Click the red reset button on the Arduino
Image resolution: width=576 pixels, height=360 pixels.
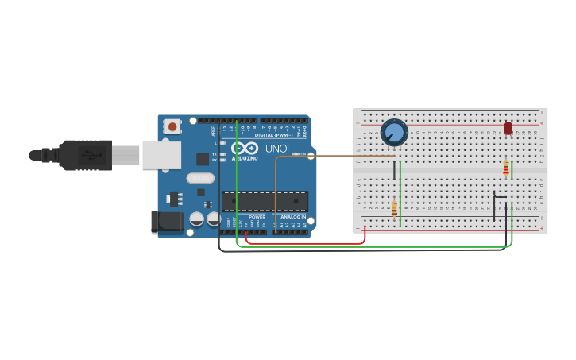point(172,126)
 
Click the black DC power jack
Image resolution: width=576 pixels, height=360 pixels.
point(168,222)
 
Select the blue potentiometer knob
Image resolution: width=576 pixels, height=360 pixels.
point(394,132)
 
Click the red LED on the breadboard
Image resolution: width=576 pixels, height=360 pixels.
point(508,128)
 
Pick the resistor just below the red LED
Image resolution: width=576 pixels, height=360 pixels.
point(506,168)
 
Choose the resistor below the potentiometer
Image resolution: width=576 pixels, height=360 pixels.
point(394,208)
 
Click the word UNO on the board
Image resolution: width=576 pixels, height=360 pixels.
point(276,149)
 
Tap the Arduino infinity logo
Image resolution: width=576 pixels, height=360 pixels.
point(244,148)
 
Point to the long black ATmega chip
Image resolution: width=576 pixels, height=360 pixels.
point(265,202)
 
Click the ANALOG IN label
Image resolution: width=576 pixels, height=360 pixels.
point(292,217)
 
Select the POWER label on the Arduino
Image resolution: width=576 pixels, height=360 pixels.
point(257,217)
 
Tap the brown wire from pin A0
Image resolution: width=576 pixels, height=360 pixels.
point(334,157)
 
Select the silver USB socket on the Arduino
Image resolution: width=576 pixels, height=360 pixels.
point(161,155)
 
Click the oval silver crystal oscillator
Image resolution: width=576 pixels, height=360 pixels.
point(201,178)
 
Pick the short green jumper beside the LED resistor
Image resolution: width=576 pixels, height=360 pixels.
point(512,170)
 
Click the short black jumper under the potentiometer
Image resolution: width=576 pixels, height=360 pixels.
point(394,170)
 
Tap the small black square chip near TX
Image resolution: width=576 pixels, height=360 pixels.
point(203,158)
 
